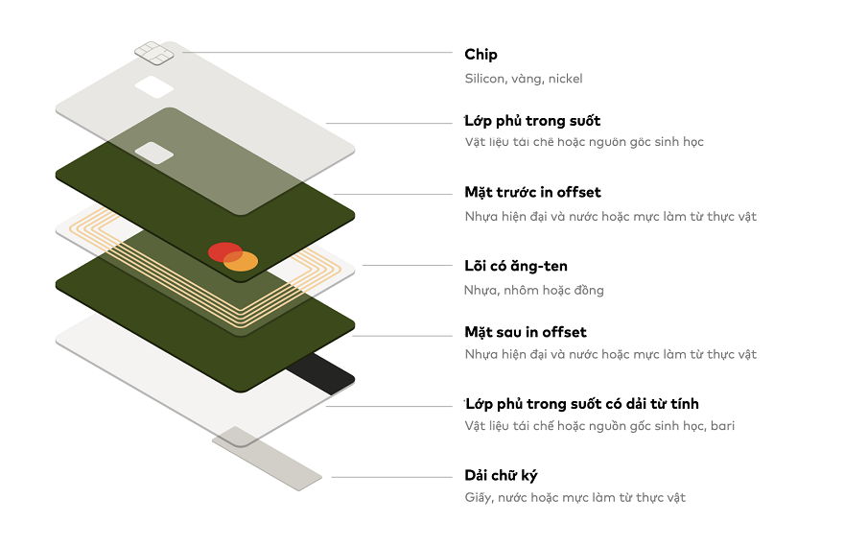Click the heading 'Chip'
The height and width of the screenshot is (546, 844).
pos(481,55)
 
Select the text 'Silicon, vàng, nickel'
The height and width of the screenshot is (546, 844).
pos(524,79)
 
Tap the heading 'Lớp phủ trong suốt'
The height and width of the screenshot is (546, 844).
pos(532,121)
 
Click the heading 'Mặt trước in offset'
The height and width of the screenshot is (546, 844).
pos(532,193)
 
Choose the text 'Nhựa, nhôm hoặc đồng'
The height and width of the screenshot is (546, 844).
pos(534,290)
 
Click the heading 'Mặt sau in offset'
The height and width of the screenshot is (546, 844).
pos(526,332)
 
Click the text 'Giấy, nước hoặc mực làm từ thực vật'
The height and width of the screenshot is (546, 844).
pos(575,497)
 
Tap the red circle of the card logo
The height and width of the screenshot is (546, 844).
pos(223,252)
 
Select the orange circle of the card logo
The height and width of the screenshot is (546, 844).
pos(242,261)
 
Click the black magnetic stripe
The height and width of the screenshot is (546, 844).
pos(320,374)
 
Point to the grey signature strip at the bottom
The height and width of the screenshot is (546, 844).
pos(267,459)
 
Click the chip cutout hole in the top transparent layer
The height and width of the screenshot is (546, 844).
pos(154,87)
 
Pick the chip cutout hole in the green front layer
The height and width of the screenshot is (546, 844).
pos(154,152)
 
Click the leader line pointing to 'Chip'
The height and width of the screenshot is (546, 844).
pos(316,52)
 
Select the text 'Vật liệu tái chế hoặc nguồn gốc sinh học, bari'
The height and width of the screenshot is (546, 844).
pos(599,425)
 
